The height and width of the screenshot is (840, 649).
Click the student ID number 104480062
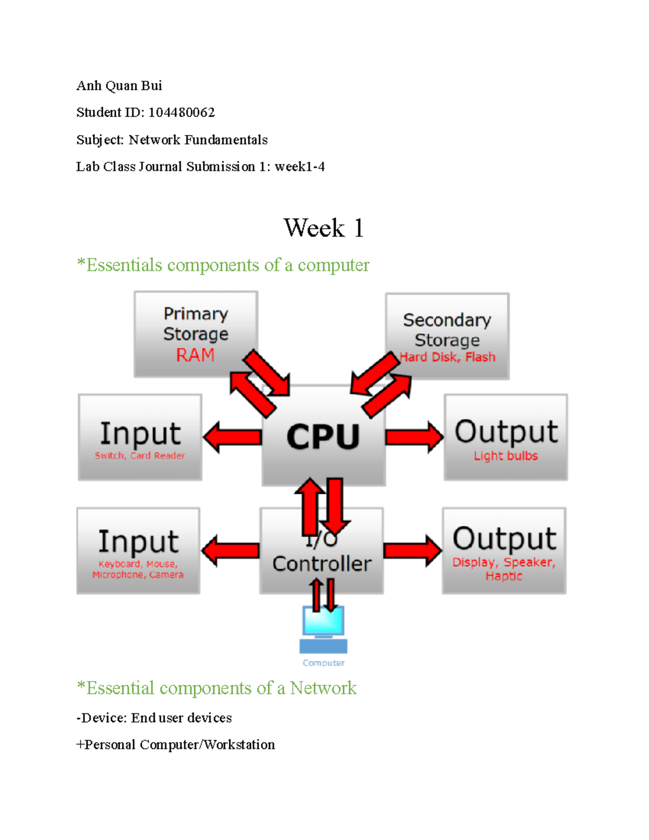coord(182,113)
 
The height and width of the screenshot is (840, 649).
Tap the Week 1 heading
coord(323,228)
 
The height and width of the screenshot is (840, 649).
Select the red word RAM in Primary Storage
coord(195,355)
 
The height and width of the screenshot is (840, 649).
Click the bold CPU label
coord(323,437)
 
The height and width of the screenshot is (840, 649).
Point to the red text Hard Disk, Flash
coord(447,357)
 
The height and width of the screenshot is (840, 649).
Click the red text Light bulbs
coord(506,456)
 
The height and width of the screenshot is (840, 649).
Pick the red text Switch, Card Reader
coord(140,455)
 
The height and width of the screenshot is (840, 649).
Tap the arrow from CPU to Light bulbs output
coord(414,436)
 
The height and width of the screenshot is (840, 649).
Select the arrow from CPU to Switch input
coord(233,437)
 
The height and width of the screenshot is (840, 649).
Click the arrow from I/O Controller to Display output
coord(412,551)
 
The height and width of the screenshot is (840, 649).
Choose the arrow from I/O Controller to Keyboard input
coord(231,551)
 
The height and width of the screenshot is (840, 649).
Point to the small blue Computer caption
coord(323,663)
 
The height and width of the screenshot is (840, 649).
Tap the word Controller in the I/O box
coord(322,564)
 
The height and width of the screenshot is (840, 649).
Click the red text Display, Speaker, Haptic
coord(504,569)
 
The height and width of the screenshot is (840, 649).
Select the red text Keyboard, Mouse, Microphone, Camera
coord(138,570)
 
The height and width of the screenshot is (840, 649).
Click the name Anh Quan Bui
coord(120,86)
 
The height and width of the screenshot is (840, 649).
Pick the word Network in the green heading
coord(323,688)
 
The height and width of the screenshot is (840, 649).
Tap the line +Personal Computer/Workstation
coord(176,745)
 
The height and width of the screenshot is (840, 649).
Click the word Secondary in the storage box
coord(447,320)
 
